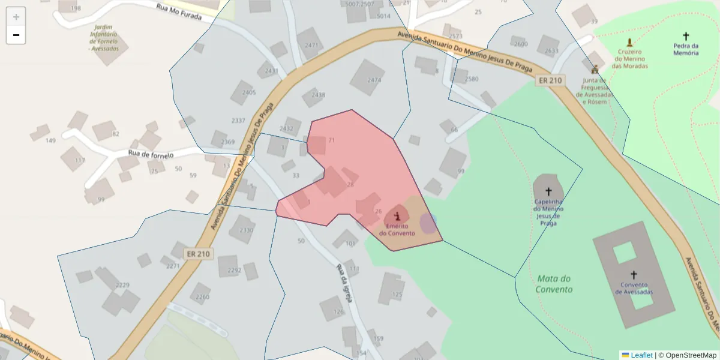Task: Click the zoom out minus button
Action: pos(16,35)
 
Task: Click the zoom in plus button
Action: pos(16,17)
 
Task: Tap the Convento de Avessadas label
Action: pos(634,289)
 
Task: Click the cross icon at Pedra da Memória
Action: pos(686,36)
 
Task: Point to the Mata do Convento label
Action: pos(554,284)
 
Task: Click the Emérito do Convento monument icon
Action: pos(397,215)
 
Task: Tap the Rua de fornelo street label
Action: pos(151,154)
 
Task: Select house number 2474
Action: pos(374,80)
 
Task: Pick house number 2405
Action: pos(248,92)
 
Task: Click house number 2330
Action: pos(246,230)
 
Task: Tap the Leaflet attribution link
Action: pos(641,355)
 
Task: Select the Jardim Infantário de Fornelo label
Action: pos(104,38)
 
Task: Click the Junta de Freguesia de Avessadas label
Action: pos(595,91)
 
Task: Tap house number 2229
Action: pos(122,285)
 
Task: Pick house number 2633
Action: pos(551,51)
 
